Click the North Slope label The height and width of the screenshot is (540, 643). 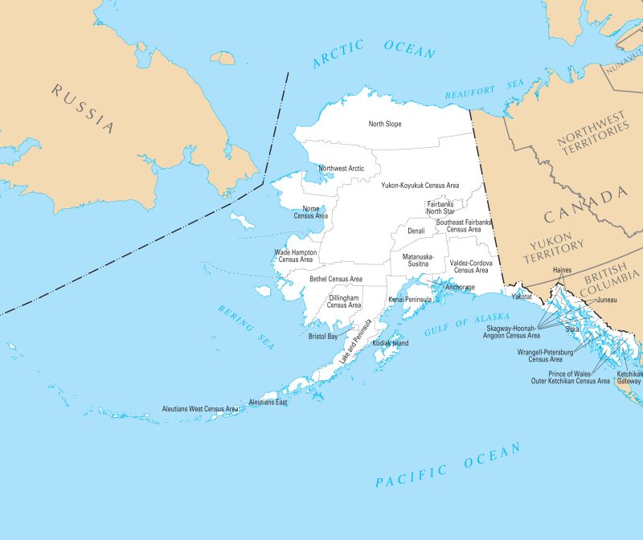coord(385,124)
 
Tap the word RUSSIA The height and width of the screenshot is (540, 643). coord(83,108)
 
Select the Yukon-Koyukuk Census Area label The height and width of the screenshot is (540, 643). coord(420,185)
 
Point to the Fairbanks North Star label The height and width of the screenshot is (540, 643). coord(440,207)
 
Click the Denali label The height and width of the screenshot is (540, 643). coord(416,231)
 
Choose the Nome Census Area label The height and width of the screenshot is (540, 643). coord(310,212)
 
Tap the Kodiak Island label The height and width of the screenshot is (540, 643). coord(391,343)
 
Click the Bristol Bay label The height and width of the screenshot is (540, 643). coord(323,337)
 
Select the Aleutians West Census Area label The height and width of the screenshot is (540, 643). coord(200,409)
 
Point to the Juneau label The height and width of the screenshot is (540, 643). coord(607,301)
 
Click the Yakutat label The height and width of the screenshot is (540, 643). coord(522,297)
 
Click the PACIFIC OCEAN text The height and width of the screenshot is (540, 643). coord(448,467)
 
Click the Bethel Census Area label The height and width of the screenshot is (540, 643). coord(336,279)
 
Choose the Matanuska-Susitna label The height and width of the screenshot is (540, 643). coord(418,260)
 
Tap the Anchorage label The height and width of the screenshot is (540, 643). coord(460,287)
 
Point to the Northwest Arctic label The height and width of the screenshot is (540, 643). coord(341,169)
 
